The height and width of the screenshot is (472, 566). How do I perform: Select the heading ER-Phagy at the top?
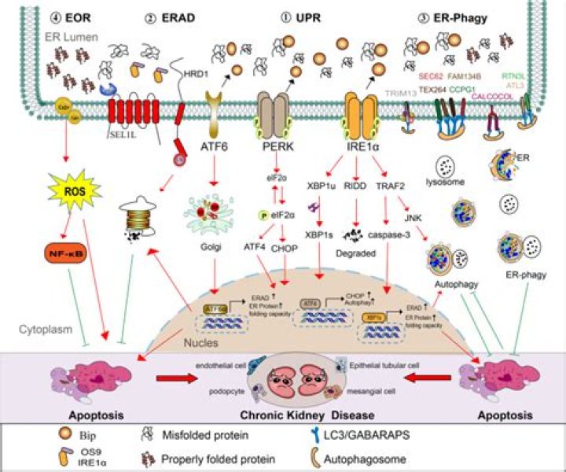[x=463, y=17]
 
